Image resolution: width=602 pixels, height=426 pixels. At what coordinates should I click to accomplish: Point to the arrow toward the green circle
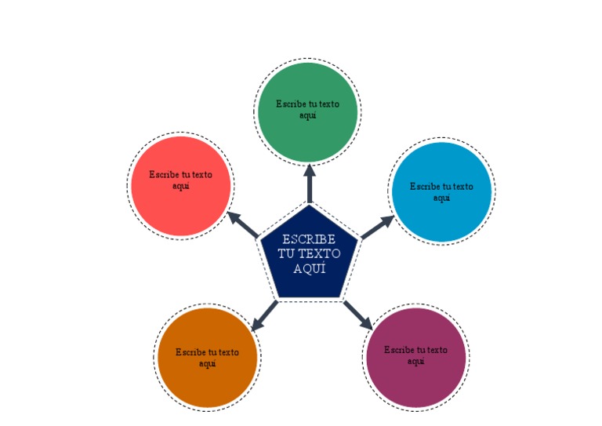(309, 182)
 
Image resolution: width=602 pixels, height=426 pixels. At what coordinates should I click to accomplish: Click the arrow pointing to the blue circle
(377, 228)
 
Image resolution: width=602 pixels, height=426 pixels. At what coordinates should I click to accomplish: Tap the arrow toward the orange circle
(264, 315)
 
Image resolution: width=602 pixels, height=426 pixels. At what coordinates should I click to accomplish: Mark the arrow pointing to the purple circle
(357, 314)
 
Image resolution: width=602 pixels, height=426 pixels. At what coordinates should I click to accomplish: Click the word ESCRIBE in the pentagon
(309, 239)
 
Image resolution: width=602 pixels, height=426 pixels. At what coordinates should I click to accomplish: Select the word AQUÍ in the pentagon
(309, 269)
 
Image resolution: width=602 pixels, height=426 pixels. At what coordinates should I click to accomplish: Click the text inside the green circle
(308, 109)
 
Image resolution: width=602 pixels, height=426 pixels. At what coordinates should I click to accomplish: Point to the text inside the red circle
(181, 180)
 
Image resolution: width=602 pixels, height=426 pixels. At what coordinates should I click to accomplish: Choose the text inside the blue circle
(441, 192)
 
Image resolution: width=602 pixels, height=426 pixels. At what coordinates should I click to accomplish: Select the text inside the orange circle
(207, 358)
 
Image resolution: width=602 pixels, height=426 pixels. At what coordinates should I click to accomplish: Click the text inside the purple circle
(416, 355)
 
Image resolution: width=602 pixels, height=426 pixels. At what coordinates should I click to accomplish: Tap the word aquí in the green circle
(308, 115)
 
